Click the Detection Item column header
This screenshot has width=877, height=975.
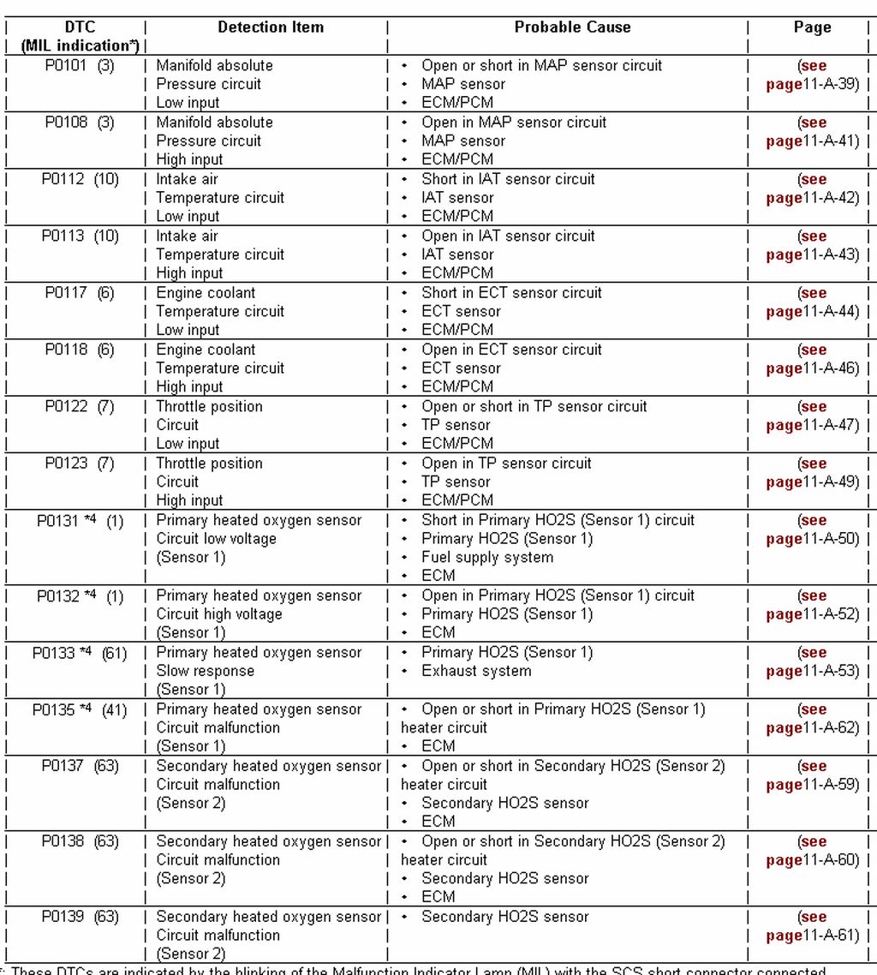271,27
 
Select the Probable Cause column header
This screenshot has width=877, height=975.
572,27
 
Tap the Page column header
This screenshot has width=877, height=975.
812,27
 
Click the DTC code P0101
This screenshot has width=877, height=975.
66,66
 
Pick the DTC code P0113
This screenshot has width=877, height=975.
63,236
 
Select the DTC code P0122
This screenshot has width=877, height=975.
66,407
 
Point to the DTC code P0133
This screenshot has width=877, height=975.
54,653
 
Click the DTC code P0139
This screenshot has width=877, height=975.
63,917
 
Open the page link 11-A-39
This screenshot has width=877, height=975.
812,84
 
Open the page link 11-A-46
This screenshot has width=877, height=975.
812,368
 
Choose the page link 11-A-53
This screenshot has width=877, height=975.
812,671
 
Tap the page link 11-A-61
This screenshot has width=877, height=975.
812,936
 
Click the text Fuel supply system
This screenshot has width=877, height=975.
486,558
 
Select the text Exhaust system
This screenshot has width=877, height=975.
475,671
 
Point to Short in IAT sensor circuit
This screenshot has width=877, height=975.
507,179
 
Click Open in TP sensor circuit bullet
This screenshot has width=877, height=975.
505,464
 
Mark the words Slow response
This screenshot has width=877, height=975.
205,671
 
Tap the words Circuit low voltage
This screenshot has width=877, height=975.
216,539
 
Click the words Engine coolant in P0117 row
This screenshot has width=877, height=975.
206,293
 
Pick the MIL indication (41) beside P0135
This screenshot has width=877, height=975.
114,710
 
